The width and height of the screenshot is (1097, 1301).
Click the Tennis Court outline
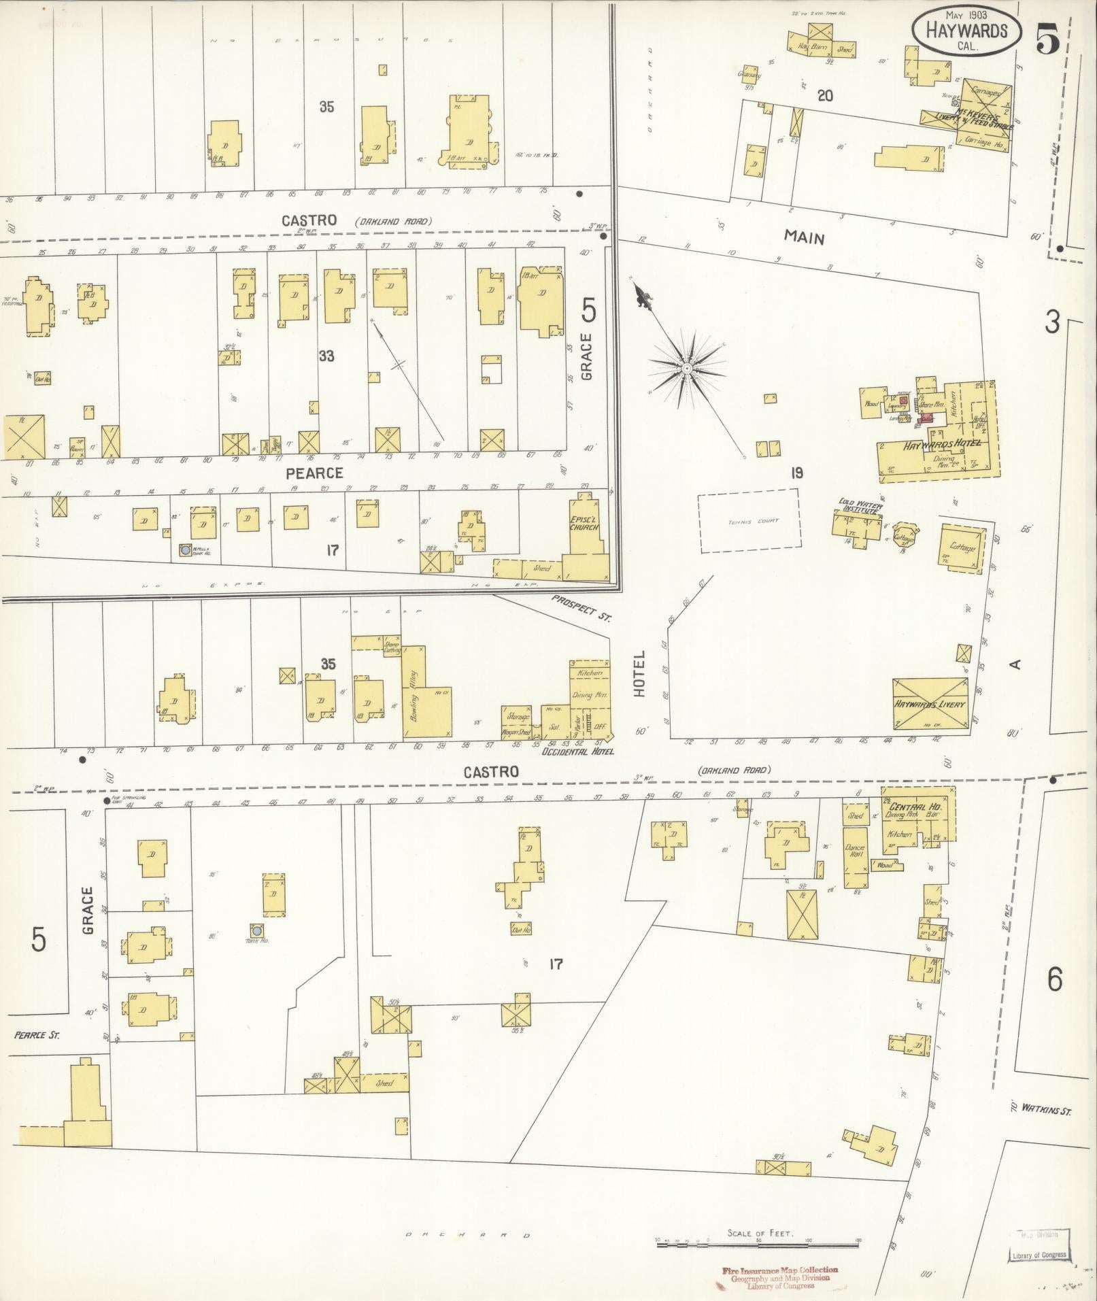748,521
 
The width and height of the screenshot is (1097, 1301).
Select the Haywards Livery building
930,704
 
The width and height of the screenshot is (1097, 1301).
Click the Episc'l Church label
585,523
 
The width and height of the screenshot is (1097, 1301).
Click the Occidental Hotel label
577,751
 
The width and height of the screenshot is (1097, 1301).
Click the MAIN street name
804,237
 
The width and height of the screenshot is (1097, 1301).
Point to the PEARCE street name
314,472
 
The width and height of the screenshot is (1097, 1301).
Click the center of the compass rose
687,368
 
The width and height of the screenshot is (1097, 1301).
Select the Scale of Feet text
760,1233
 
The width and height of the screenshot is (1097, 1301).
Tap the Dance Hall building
855,857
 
